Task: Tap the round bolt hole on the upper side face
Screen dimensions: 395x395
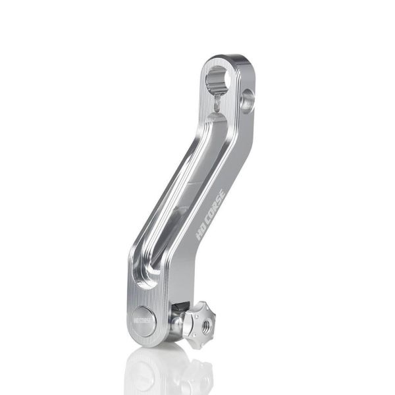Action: point(248,99)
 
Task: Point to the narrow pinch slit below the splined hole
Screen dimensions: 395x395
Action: point(217,103)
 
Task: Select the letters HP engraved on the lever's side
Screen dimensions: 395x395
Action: point(200,231)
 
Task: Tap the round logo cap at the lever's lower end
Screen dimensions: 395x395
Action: point(144,321)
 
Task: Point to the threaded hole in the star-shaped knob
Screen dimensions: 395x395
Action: point(208,323)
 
